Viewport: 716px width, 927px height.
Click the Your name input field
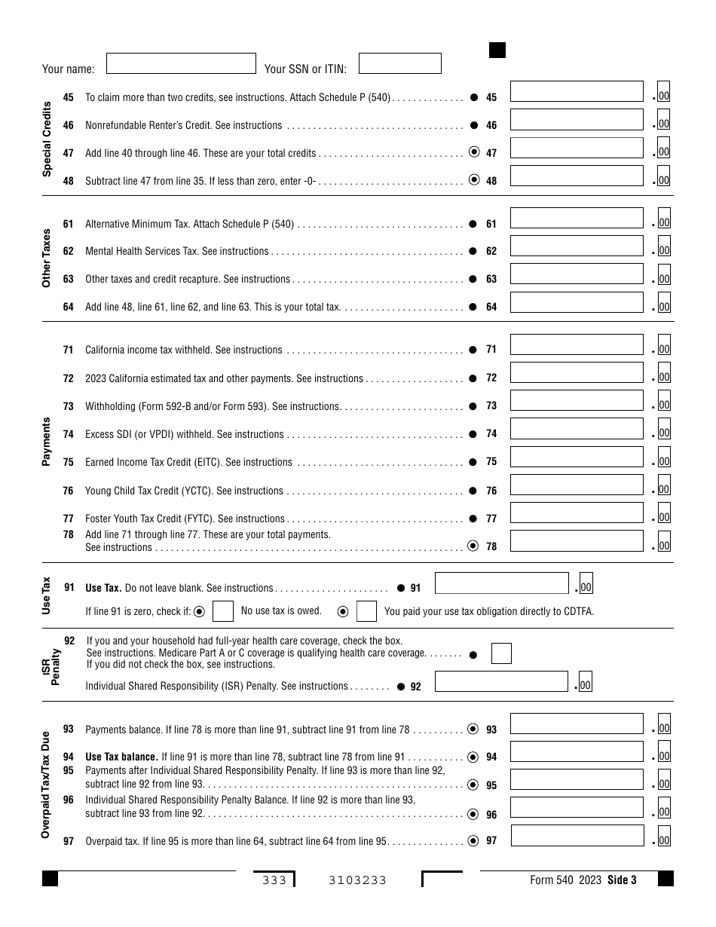pos(181,63)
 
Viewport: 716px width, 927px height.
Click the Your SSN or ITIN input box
pos(399,63)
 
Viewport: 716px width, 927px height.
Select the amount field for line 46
pos(577,121)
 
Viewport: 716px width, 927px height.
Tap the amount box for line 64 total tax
pos(577,302)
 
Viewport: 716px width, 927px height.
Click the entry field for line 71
pos(577,345)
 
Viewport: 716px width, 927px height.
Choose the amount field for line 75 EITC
pos(577,457)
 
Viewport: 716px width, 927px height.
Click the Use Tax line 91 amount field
pos(501,583)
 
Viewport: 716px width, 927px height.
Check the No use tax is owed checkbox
pos(222,611)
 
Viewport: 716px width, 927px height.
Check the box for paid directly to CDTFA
pos(366,611)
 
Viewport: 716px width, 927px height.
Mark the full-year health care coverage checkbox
pos(501,653)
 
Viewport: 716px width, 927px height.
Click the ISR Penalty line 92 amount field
pos(501,681)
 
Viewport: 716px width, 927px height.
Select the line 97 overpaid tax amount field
pos(577,836)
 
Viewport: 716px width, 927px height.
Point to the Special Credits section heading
pos(47,139)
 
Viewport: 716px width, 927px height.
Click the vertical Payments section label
pos(47,442)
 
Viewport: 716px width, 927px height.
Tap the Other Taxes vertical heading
pos(47,258)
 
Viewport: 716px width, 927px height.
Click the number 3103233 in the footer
pos(357,880)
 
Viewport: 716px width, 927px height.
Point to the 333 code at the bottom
pos(274,880)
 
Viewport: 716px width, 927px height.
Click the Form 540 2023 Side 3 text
pos(583,880)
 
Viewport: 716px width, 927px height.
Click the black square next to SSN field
pos(497,50)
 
